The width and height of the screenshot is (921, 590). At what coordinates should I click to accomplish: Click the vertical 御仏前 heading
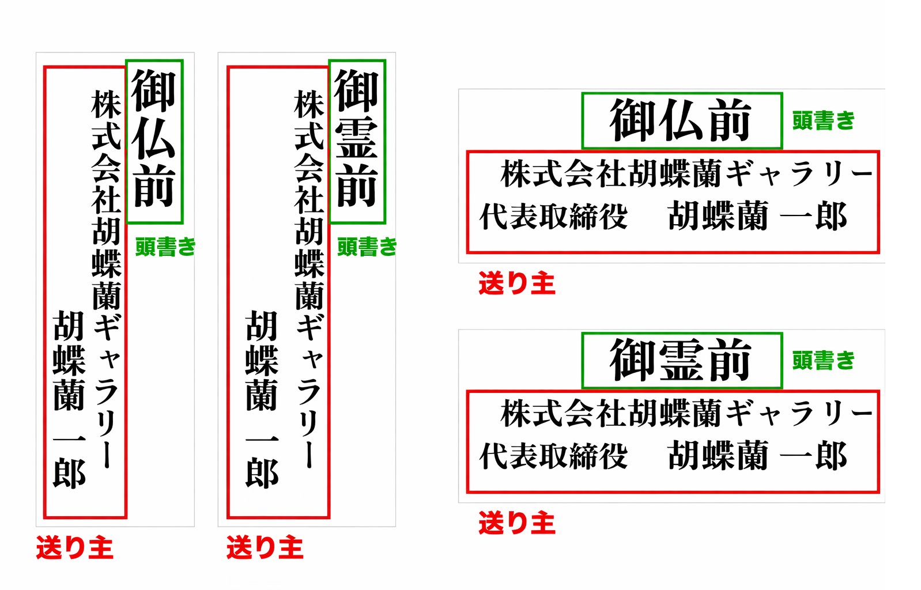(154, 140)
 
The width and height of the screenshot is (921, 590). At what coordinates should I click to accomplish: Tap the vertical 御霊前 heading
(357, 140)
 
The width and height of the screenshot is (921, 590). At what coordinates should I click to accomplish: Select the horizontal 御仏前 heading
(681, 120)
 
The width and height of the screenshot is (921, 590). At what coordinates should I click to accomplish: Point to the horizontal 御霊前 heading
(681, 361)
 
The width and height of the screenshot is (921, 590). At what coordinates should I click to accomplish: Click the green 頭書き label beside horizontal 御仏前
(823, 120)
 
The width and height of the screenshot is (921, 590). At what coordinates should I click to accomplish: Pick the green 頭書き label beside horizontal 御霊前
(823, 361)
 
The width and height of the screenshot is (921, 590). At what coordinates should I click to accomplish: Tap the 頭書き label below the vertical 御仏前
(165, 247)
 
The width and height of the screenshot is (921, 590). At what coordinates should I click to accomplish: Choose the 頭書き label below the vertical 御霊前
(367, 247)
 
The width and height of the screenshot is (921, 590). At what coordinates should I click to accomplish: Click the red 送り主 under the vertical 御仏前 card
(74, 547)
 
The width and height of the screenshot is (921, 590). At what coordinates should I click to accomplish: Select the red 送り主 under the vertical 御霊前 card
(265, 547)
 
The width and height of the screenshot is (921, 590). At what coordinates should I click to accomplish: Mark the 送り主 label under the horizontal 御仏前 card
(516, 283)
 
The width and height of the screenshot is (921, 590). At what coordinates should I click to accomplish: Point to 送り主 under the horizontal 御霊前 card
(516, 523)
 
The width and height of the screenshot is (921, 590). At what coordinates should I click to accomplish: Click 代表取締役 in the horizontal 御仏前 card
(553, 217)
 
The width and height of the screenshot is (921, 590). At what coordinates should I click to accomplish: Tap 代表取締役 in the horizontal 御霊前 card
(553, 456)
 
